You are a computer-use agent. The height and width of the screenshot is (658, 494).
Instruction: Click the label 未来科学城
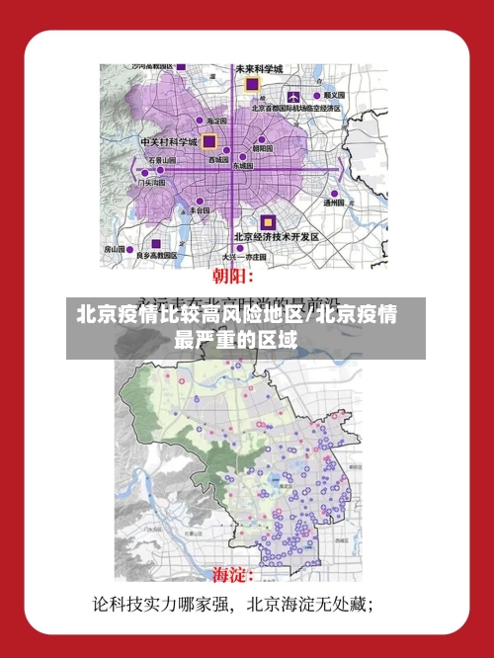tap(259, 69)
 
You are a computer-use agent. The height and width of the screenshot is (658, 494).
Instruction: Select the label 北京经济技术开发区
tap(276, 237)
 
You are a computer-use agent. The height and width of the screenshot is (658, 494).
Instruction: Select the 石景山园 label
tap(162, 158)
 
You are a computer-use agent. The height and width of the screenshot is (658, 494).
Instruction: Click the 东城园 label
tap(242, 166)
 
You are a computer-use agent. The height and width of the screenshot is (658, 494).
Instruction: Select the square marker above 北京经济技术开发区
tap(267, 220)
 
